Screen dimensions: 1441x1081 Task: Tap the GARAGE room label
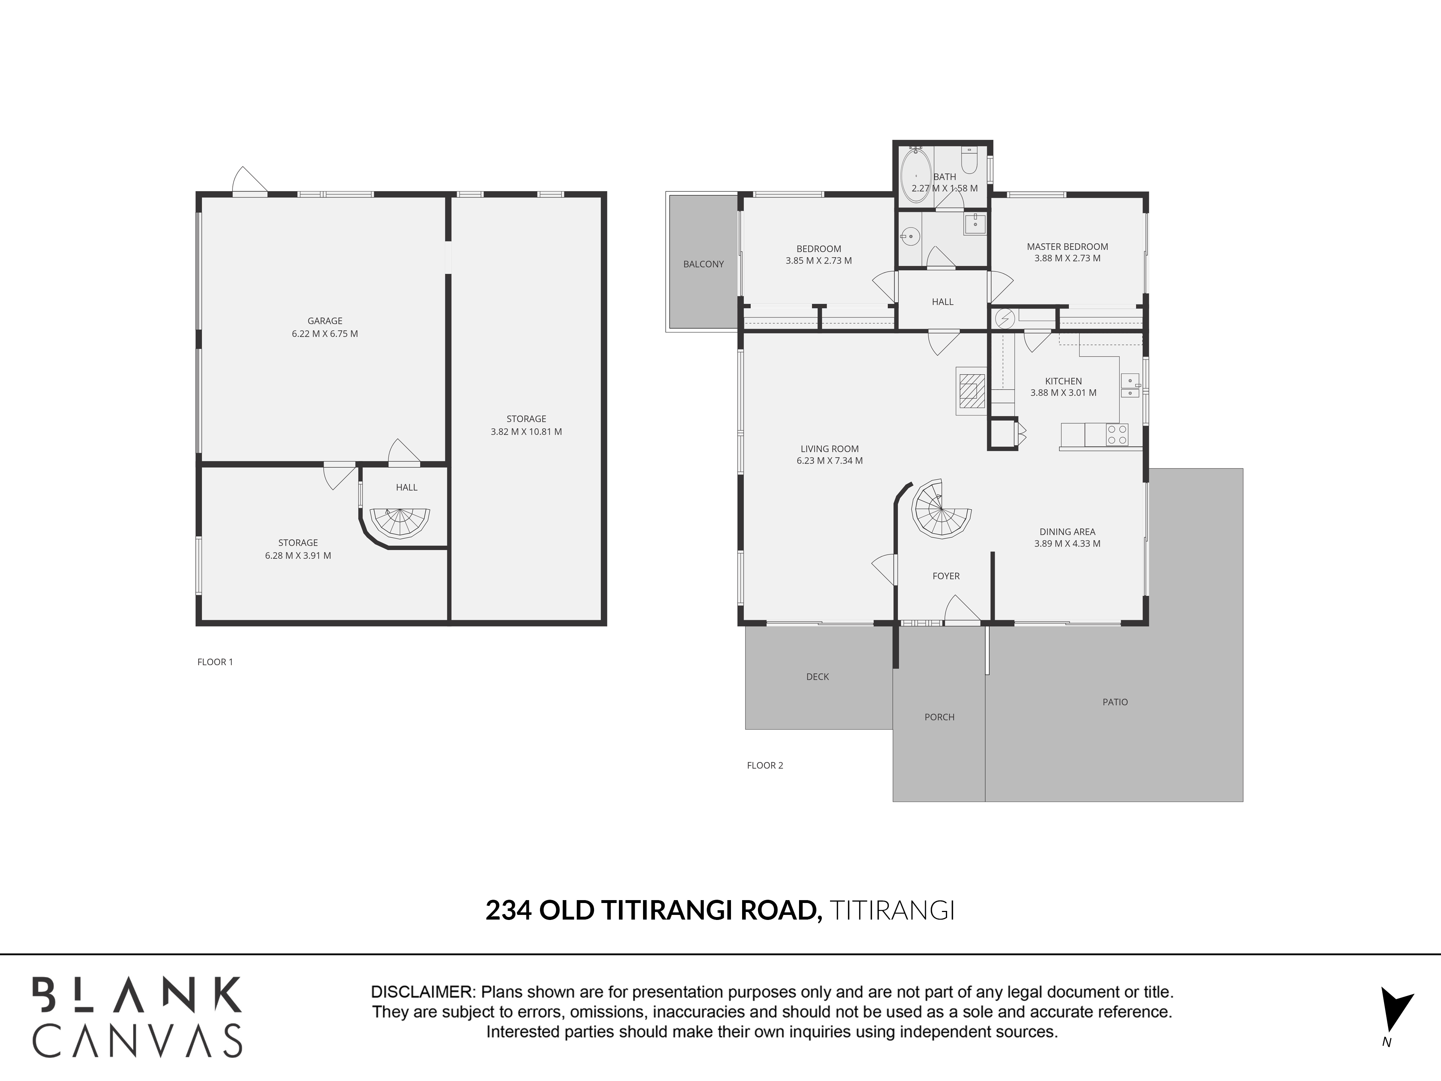[325, 321]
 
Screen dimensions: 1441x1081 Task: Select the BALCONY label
[704, 264]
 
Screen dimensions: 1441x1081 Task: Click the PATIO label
[1115, 702]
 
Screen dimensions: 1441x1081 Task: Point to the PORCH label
[940, 717]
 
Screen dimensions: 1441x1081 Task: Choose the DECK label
[817, 676]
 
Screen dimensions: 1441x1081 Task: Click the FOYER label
[946, 576]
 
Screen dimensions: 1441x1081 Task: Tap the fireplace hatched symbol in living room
[971, 391]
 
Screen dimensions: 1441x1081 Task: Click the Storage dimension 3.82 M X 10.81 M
[526, 431]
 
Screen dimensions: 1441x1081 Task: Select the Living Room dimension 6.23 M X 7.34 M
[829, 461]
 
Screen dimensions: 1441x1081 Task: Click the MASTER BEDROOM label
[1067, 246]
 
